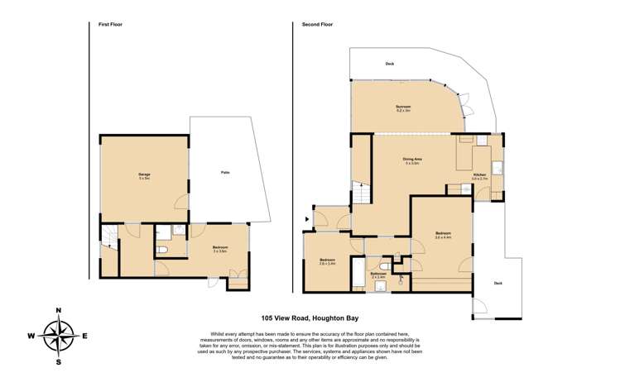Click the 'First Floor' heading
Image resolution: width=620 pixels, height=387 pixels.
110,25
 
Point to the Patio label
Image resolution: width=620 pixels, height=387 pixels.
224,172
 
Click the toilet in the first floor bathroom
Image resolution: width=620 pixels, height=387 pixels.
163,248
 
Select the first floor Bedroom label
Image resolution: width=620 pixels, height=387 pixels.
220,249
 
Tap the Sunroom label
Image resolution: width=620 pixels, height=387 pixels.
402,107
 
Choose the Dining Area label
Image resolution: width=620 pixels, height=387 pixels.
413,161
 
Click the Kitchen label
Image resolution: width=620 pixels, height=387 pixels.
480,175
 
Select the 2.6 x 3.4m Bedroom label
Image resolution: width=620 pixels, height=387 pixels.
327,262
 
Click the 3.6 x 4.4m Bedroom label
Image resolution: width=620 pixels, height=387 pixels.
443,235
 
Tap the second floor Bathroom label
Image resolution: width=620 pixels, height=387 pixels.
378,275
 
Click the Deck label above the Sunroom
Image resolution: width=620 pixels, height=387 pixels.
389,64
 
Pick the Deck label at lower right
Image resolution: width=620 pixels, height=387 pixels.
497,283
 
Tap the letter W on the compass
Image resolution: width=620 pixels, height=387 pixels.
31,337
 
